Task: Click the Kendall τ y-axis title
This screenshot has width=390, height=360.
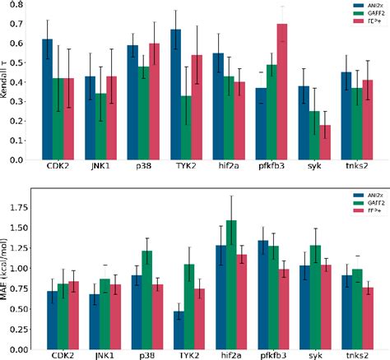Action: (x=7, y=82)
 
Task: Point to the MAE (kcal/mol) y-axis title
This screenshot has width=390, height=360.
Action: (x=7, y=271)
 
